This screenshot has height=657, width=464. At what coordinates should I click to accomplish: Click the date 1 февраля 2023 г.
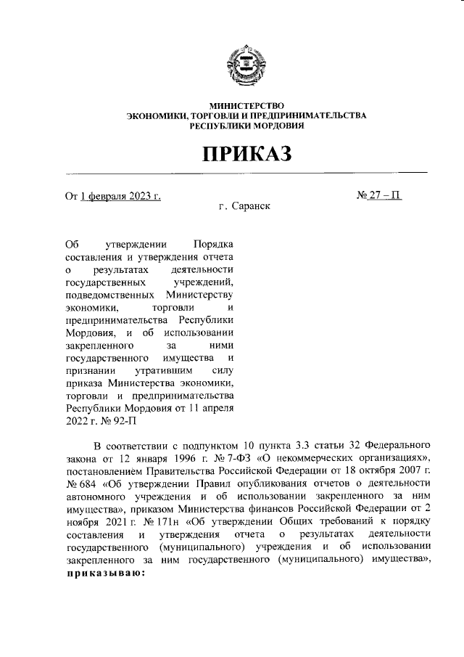pyautogui.click(x=120, y=196)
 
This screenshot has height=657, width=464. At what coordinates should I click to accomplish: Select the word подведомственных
pyautogui.click(x=109, y=295)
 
